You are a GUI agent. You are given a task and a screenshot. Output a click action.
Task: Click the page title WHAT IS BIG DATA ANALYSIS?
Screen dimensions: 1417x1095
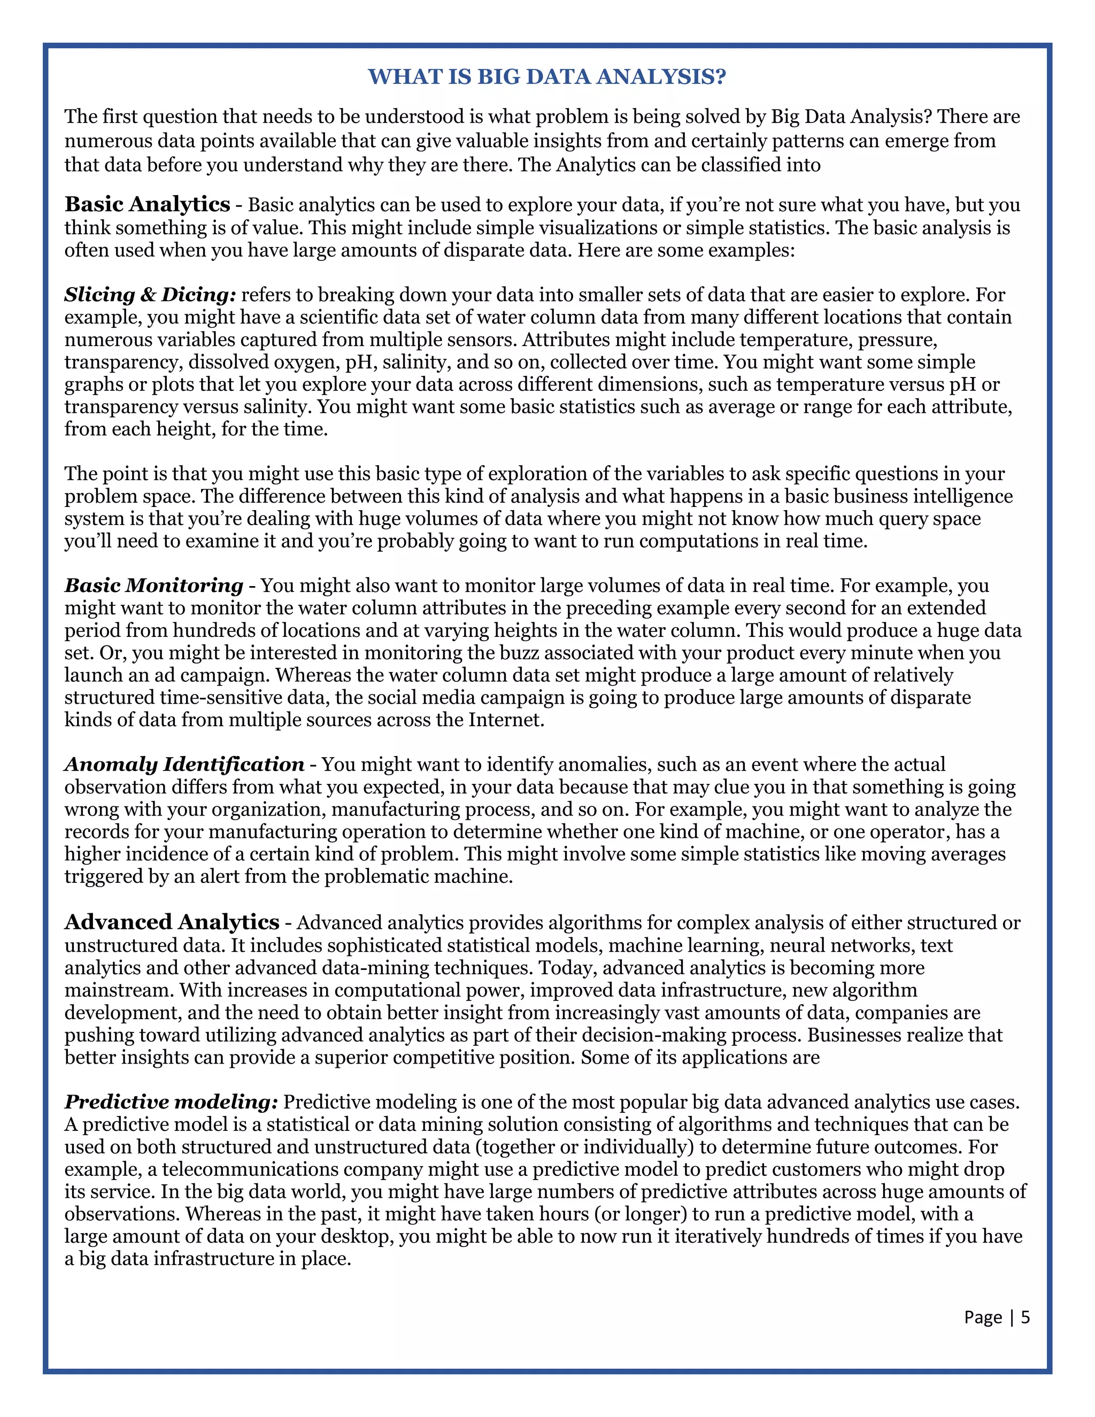click(x=547, y=76)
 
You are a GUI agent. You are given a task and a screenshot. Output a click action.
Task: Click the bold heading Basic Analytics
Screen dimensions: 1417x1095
click(x=147, y=204)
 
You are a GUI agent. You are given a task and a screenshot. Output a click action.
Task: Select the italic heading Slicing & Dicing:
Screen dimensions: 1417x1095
click(x=150, y=295)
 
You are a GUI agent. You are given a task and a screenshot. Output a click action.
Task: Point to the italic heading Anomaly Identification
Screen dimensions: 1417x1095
click(x=184, y=764)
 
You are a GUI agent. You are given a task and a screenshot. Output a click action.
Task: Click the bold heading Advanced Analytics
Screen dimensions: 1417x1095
click(x=172, y=922)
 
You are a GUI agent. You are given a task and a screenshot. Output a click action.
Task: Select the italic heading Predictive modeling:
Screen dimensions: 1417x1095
click(x=171, y=1102)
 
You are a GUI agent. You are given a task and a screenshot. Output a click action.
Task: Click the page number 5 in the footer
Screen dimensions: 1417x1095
click(x=1025, y=1317)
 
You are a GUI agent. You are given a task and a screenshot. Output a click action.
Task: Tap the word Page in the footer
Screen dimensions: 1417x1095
click(x=983, y=1317)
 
